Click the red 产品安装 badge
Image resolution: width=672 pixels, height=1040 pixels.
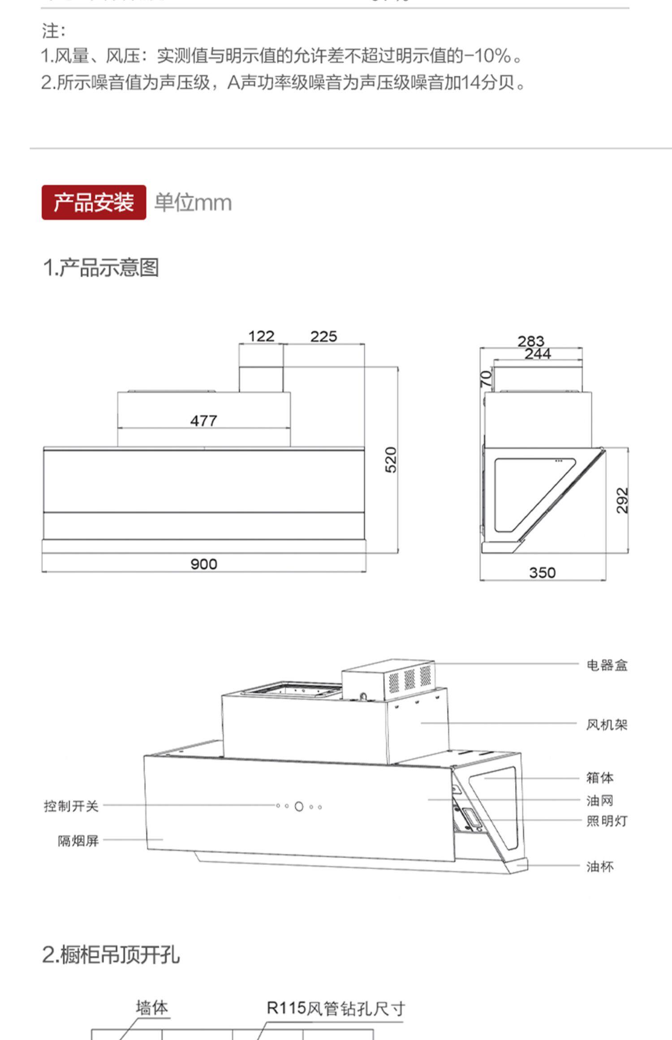point(94,202)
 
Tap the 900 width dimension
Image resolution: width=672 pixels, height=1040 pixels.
point(204,564)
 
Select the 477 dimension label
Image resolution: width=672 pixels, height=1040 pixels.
point(204,421)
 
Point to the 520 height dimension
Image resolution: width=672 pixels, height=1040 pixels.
point(391,460)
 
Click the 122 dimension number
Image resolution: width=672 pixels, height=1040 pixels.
point(261,336)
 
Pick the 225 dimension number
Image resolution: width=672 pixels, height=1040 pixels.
point(323,336)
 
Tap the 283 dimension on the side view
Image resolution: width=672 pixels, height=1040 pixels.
point(531,341)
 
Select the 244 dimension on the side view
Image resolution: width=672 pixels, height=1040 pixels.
point(538,354)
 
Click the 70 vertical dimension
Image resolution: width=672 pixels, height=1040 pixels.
point(486,378)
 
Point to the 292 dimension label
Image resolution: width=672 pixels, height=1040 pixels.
point(622,500)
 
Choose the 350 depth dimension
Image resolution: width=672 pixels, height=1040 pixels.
point(542,572)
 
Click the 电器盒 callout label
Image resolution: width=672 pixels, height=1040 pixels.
point(607,666)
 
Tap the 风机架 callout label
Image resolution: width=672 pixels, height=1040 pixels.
point(607,725)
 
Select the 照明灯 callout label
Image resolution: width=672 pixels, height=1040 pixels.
point(607,821)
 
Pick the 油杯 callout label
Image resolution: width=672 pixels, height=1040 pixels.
point(600,867)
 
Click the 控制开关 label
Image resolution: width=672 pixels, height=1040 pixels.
point(71,806)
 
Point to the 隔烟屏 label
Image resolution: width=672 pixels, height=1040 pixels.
point(78,841)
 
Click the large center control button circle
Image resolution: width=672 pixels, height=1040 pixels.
point(299,807)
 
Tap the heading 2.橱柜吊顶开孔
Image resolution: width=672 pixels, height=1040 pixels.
point(111,954)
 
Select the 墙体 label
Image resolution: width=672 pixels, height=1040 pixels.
point(152,1008)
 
